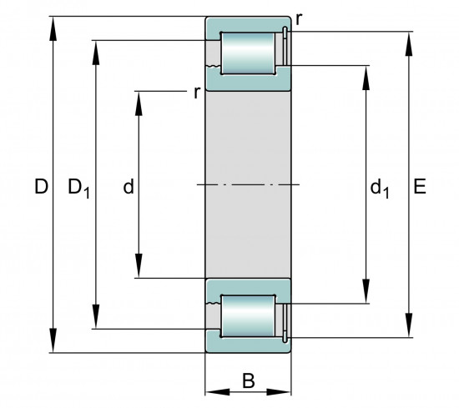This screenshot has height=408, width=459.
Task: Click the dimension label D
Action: click(x=41, y=186)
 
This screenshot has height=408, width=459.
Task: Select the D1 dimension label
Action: click(x=78, y=188)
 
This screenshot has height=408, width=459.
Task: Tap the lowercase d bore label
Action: click(x=129, y=186)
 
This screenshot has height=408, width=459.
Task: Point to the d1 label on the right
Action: click(x=380, y=189)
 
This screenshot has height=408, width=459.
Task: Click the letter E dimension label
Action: click(x=420, y=186)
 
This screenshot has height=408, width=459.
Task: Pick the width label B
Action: click(x=249, y=380)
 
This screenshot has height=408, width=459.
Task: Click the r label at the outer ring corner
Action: click(x=299, y=19)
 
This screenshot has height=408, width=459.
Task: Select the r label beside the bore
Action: click(x=197, y=93)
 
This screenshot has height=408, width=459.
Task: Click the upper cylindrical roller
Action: click(x=248, y=53)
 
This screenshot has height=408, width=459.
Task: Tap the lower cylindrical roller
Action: click(x=248, y=316)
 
